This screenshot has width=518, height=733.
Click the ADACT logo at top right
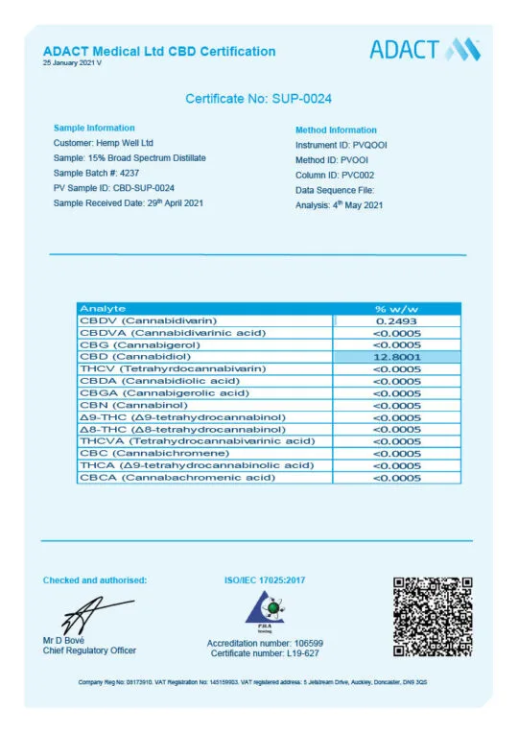click(x=425, y=50)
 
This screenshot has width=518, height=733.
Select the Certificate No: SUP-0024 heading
click(x=259, y=99)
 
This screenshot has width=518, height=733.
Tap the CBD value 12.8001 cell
click(x=397, y=357)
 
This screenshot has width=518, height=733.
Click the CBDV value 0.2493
click(x=397, y=320)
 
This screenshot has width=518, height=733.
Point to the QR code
click(x=434, y=616)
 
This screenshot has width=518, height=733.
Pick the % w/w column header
click(x=397, y=308)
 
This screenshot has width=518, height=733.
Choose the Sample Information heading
click(x=94, y=128)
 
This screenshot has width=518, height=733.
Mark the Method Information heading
click(x=336, y=130)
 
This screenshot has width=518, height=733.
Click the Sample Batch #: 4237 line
click(x=97, y=173)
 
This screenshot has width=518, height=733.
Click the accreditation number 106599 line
click(x=265, y=643)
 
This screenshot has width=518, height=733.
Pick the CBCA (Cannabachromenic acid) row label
click(x=177, y=477)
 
